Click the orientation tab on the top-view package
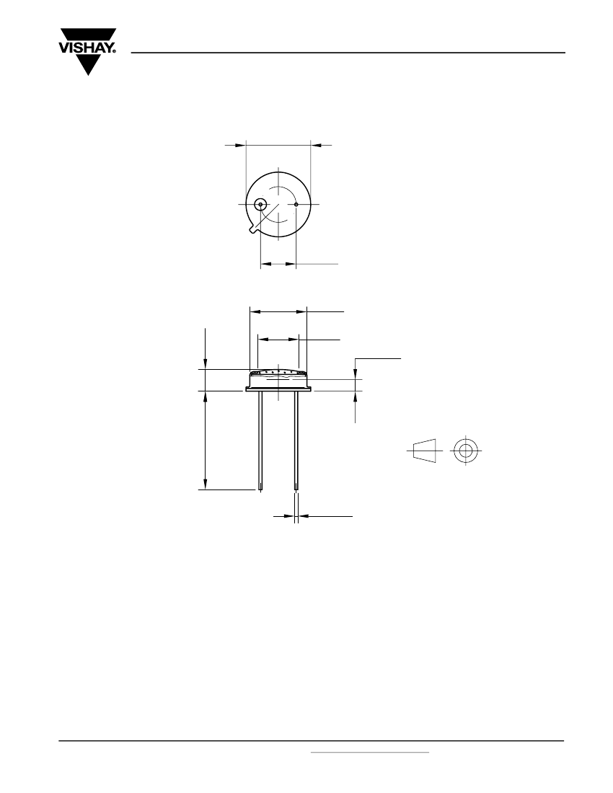point(253,229)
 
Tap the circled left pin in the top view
point(260,204)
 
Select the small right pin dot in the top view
point(296,204)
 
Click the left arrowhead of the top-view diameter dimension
point(239,145)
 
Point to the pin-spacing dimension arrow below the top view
point(278,264)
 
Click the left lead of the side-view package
point(260,441)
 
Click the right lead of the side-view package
point(296,441)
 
